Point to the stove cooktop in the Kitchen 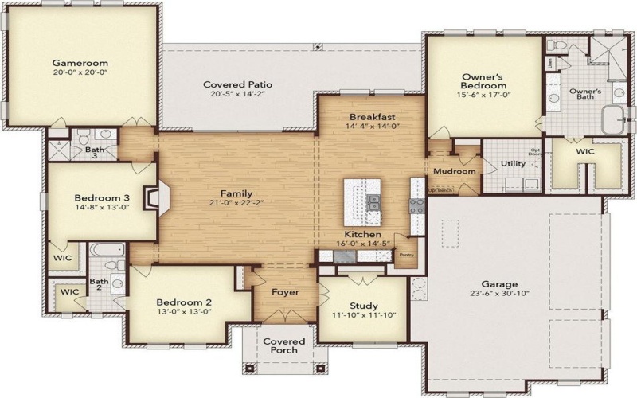click(416, 205)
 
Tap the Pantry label click(406, 255)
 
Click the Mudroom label click(455, 171)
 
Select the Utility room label click(512, 163)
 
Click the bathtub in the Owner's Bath click(612, 122)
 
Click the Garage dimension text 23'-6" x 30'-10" click(499, 294)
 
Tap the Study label click(364, 306)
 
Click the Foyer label click(285, 292)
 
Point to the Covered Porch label click(284, 345)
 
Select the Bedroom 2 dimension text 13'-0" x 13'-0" click(183, 312)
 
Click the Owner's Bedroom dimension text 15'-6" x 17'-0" click(484, 95)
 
